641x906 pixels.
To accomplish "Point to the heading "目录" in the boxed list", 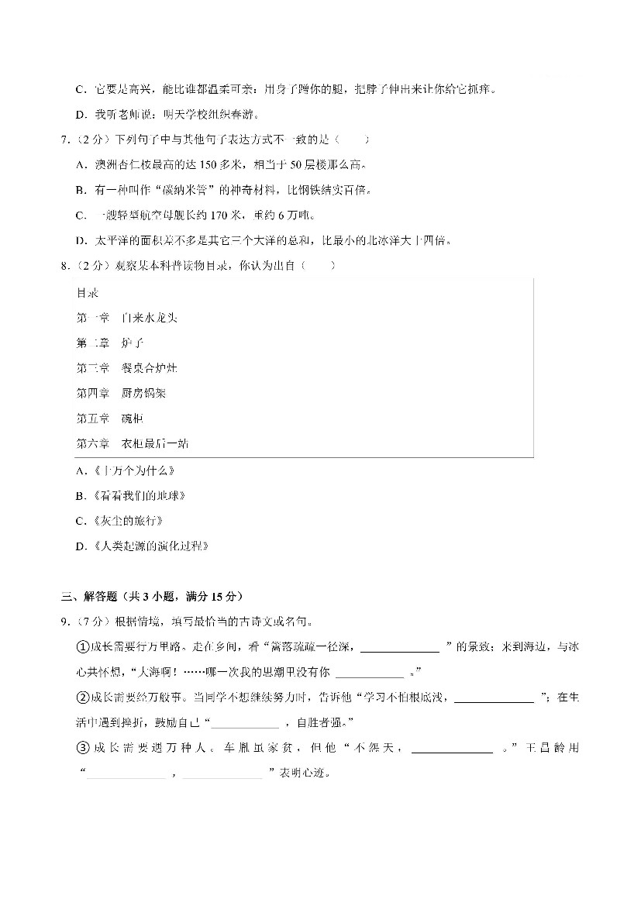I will pyautogui.click(x=87, y=293).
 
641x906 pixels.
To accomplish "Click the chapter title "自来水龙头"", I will pyautogui.click(x=150, y=318).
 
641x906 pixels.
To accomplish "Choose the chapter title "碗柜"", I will pyautogui.click(x=133, y=419).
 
